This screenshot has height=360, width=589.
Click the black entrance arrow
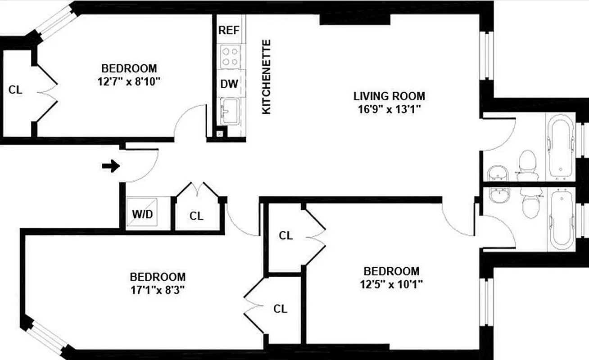click(111, 166)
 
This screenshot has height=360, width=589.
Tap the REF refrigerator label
click(228, 30)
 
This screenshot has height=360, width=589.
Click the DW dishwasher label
click(229, 84)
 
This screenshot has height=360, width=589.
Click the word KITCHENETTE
click(267, 77)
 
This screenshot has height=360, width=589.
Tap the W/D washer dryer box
click(142, 214)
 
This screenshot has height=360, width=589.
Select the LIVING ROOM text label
click(389, 96)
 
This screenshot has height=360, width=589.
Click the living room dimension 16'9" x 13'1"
click(389, 109)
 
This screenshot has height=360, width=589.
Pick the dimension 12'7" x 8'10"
click(129, 81)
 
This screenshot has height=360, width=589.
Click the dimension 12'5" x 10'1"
click(391, 284)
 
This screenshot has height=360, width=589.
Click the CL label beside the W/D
click(196, 216)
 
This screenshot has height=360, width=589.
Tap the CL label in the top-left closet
click(15, 90)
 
